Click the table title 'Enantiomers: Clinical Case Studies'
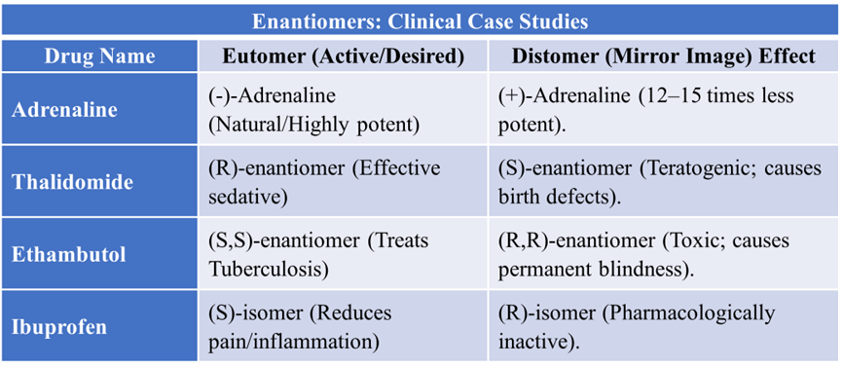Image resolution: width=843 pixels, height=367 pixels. pyautogui.click(x=420, y=21)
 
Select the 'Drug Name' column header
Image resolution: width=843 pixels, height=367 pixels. pyautogui.click(x=99, y=55)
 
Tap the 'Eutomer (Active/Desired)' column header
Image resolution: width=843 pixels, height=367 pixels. pyautogui.click(x=343, y=55)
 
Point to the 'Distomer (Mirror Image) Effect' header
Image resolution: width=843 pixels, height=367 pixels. pyautogui.click(x=663, y=55)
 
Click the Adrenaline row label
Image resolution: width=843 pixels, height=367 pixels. pyautogui.click(x=64, y=110)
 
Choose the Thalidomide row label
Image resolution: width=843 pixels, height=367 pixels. pyautogui.click(x=72, y=182)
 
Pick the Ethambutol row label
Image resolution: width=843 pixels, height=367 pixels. pyautogui.click(x=69, y=254)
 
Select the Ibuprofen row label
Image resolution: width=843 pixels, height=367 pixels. pyautogui.click(x=59, y=327)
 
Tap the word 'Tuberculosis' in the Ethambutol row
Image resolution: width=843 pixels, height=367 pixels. pyautogui.click(x=268, y=269)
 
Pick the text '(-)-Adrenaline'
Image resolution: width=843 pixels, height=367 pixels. pyautogui.click(x=272, y=96)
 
